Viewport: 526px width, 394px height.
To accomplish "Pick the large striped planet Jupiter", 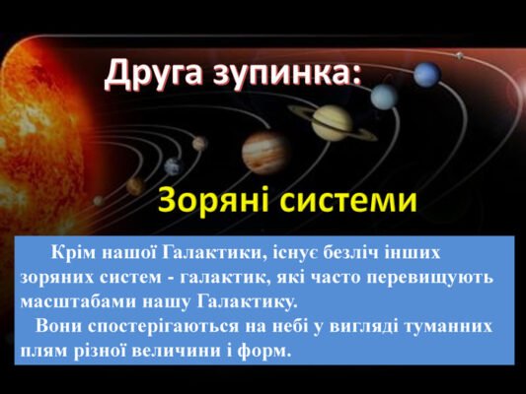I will [x=264, y=152].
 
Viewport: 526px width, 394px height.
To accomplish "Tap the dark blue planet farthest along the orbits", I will [x=426, y=74].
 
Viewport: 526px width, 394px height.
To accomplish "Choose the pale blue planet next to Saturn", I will [x=383, y=97].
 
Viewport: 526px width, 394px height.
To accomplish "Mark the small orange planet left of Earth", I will [x=135, y=186].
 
